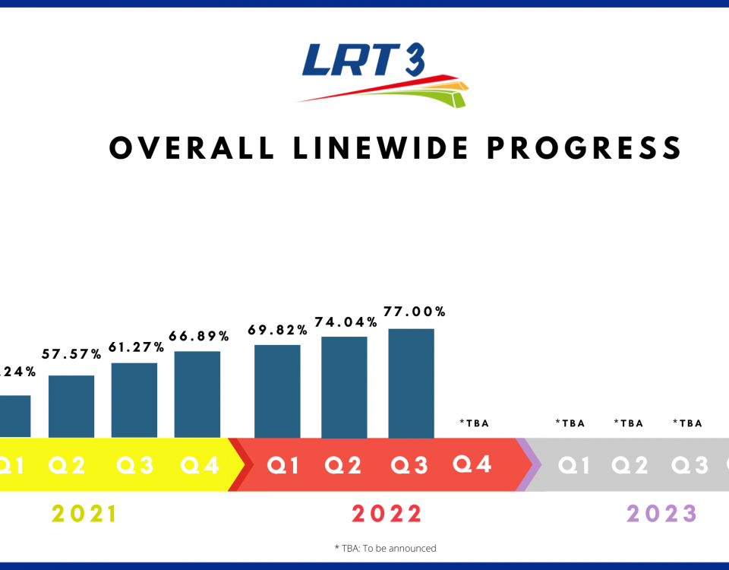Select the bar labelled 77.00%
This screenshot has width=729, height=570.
click(411, 383)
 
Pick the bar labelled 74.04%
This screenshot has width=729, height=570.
click(344, 387)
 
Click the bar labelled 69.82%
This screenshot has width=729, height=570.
click(277, 391)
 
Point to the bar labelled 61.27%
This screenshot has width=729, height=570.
click(134, 400)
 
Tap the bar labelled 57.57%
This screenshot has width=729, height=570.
click(71, 406)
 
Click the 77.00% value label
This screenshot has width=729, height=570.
click(415, 312)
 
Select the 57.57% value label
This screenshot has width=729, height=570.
click(72, 354)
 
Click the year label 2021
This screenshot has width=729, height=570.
click(85, 515)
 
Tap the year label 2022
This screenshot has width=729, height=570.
click(386, 515)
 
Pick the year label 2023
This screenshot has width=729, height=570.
click(661, 515)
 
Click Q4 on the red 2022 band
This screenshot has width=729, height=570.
click(473, 464)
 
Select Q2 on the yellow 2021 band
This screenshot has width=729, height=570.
click(68, 465)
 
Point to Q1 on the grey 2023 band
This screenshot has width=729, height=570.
click(573, 465)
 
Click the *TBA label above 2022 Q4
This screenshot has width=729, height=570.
click(474, 423)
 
